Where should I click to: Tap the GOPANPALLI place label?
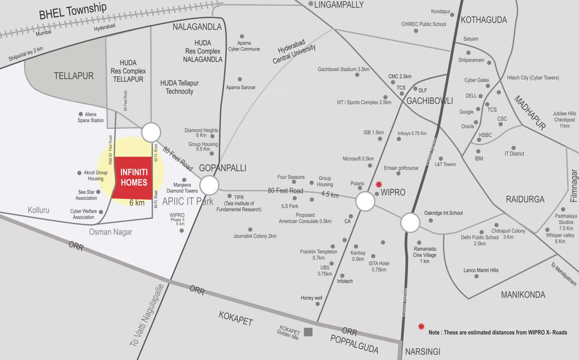[222, 168]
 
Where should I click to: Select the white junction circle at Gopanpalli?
[209, 185]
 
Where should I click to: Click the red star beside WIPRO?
[379, 184]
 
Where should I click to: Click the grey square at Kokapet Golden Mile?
[308, 332]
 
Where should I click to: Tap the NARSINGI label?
[422, 352]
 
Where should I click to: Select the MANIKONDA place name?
[523, 295]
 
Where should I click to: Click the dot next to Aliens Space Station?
[81, 114]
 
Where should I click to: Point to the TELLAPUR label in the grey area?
[74, 76]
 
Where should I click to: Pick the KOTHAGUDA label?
[484, 20]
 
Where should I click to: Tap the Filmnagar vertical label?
[574, 186]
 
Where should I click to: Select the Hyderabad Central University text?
[294, 54]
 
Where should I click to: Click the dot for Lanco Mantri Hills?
[476, 277]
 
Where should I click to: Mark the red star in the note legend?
[421, 326]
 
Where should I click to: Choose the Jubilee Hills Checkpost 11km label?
[564, 120]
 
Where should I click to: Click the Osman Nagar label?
[111, 232]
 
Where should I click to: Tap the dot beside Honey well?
[317, 304]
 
